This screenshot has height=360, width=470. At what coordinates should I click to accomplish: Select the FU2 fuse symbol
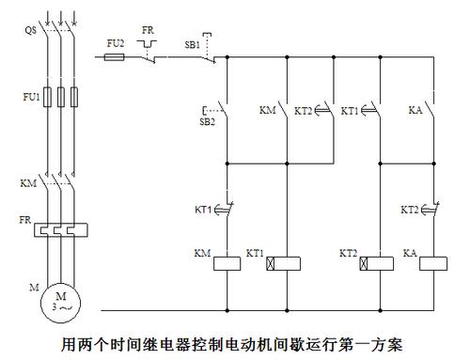point(114,57)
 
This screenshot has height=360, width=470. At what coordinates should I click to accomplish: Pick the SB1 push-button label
point(192,44)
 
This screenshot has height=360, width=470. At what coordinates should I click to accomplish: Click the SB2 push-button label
point(208,121)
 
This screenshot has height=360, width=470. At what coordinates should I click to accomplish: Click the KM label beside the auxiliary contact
point(267,111)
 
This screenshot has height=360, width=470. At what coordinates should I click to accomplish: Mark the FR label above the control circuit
point(148,30)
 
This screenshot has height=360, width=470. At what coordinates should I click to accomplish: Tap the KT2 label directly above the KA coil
point(409,209)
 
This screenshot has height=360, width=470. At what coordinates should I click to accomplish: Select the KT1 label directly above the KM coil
point(202,209)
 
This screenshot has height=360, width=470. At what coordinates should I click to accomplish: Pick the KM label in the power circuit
point(27,182)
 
